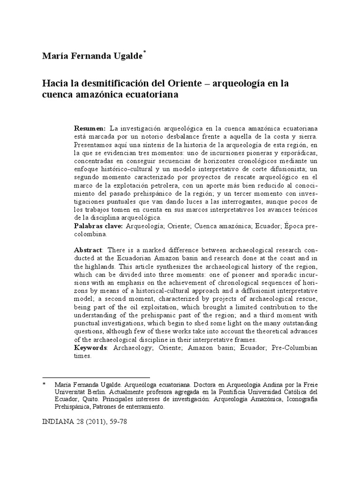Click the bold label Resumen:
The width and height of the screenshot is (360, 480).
[x=90, y=128]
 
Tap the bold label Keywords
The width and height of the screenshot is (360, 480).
[x=91, y=347]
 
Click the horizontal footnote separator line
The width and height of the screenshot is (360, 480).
[x=96, y=377]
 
